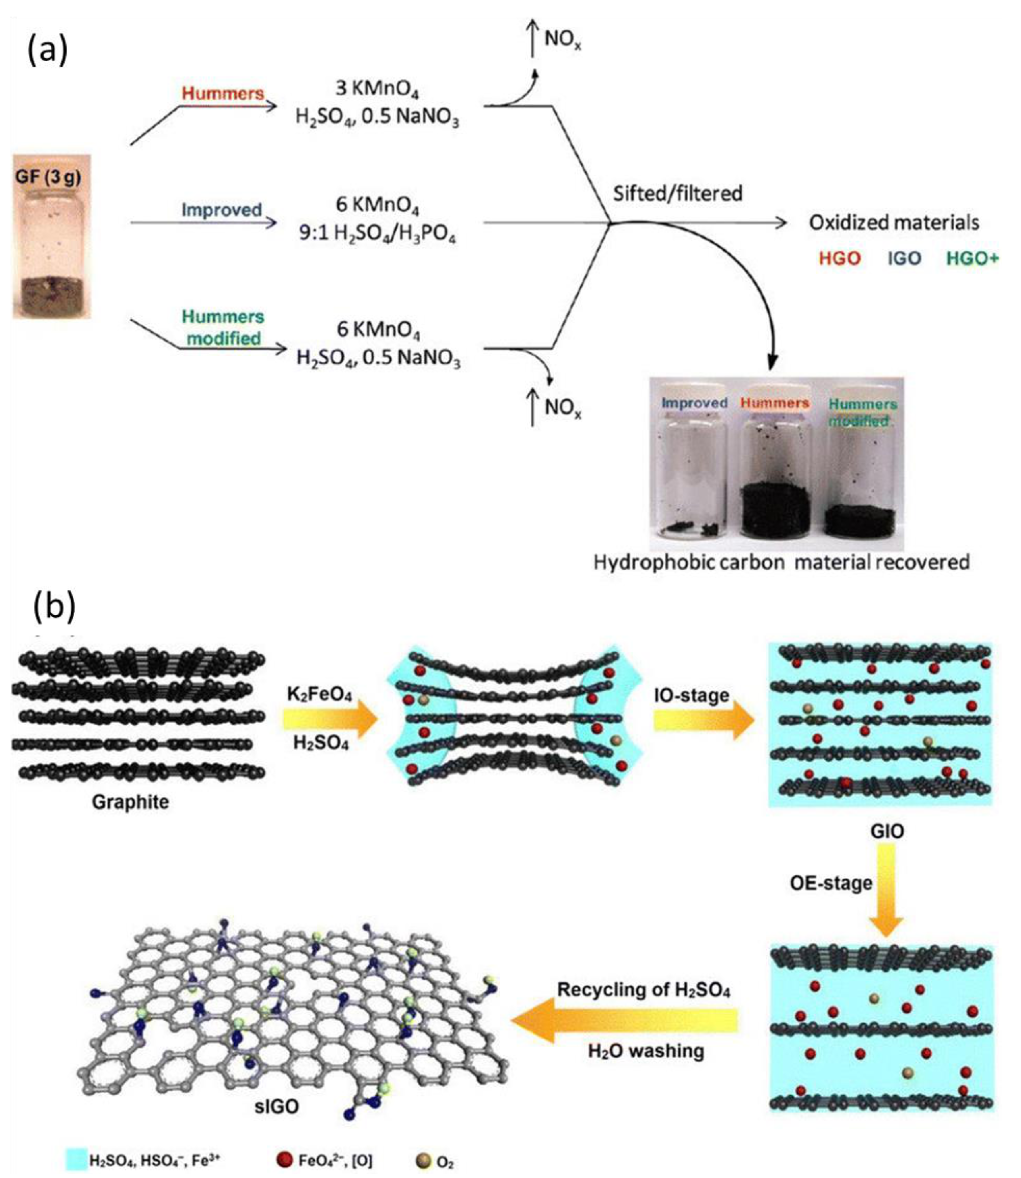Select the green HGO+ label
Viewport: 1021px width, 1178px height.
972,258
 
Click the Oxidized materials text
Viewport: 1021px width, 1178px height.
893,223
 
